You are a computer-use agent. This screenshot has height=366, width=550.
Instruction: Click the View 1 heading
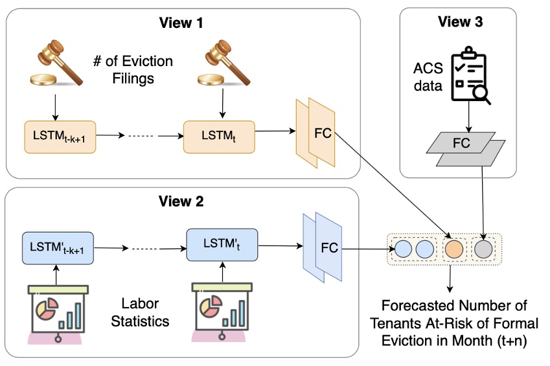pos(181,23)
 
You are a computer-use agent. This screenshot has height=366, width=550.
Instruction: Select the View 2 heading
pos(181,201)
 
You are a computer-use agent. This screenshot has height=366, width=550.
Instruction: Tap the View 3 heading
pos(460,22)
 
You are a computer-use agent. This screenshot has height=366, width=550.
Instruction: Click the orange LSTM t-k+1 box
pos(60,137)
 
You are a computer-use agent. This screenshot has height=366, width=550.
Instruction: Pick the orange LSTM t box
pos(219,137)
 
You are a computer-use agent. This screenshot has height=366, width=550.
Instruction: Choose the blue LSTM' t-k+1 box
pos(58,247)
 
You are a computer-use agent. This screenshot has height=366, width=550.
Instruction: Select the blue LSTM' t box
pos(222,245)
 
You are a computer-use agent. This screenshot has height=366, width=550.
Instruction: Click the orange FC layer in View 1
pos(315,133)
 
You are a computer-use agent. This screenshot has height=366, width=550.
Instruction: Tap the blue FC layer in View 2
pos(323,247)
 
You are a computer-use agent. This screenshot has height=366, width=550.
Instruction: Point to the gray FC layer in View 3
pos(466,149)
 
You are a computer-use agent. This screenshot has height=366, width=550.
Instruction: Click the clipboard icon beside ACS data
pos(470,75)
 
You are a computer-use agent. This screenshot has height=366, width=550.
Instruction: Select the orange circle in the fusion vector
pos(454,249)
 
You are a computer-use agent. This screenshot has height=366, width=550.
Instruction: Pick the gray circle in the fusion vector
pos(483,249)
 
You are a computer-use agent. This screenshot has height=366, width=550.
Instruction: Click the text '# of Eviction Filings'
pos(133,69)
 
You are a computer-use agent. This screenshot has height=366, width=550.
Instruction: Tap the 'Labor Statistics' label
pos(140,312)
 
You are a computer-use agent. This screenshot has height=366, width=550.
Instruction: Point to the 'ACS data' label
pos(428,77)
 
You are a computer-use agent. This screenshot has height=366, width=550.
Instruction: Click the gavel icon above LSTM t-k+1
pos(56,63)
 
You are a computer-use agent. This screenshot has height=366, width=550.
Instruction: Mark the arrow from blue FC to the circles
pos(369,249)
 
